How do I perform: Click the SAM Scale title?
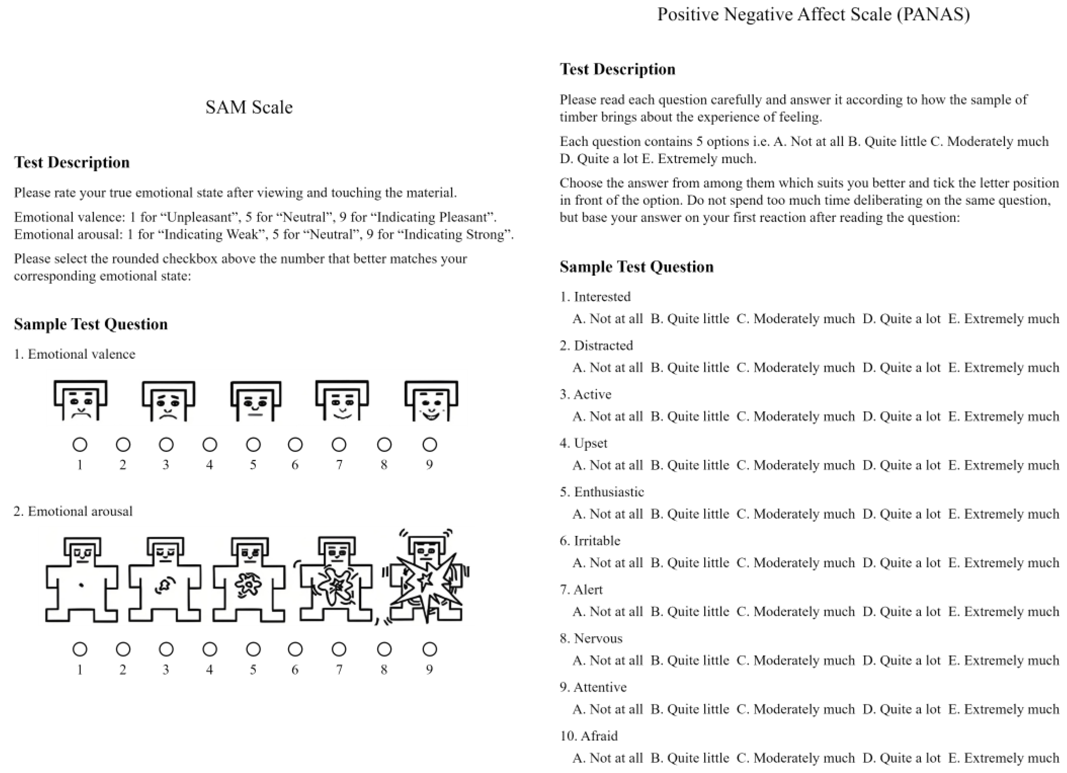point(249,107)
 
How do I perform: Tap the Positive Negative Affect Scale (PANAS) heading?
point(813,15)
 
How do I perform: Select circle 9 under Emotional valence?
point(429,445)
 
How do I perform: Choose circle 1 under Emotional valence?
point(80,445)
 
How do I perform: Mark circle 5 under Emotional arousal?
point(253,649)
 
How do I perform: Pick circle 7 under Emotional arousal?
point(339,649)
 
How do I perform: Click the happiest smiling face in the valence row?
point(431,401)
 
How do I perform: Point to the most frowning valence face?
point(81,401)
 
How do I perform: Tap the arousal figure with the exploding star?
point(426,579)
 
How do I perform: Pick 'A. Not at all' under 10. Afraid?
point(607,758)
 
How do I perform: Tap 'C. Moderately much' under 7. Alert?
point(795,611)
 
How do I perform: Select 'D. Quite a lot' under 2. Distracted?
point(901,368)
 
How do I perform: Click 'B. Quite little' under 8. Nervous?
point(690,660)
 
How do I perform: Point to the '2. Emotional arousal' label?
point(73,511)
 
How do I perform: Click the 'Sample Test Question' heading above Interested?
point(636,267)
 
